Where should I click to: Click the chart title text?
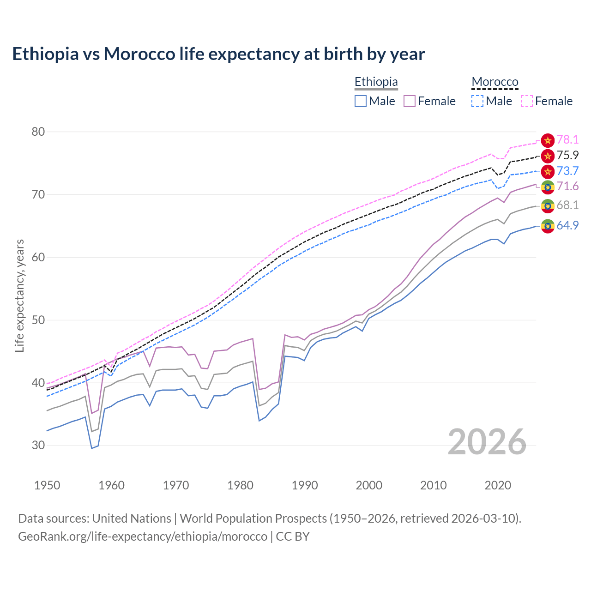(218, 54)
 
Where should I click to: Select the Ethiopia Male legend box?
(361, 101)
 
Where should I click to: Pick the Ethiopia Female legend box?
(410, 101)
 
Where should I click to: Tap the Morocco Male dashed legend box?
(477, 101)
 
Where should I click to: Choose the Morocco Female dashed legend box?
(526, 101)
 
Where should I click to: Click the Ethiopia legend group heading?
(376, 82)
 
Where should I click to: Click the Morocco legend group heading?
(495, 82)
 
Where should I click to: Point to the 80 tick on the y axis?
(38, 132)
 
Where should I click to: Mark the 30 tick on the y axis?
(38, 446)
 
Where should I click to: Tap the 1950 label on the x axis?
(47, 485)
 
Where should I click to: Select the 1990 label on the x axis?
(305, 485)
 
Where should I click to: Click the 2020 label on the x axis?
(498, 485)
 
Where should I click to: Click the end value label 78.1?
(567, 140)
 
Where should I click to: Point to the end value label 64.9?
(567, 226)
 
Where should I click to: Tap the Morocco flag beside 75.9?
(548, 156)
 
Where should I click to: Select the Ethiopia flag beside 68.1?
(548, 205)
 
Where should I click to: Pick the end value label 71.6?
(567, 187)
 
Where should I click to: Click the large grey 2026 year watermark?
(487, 442)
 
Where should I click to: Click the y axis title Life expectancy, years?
(20, 295)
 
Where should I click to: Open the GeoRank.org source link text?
(143, 537)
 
